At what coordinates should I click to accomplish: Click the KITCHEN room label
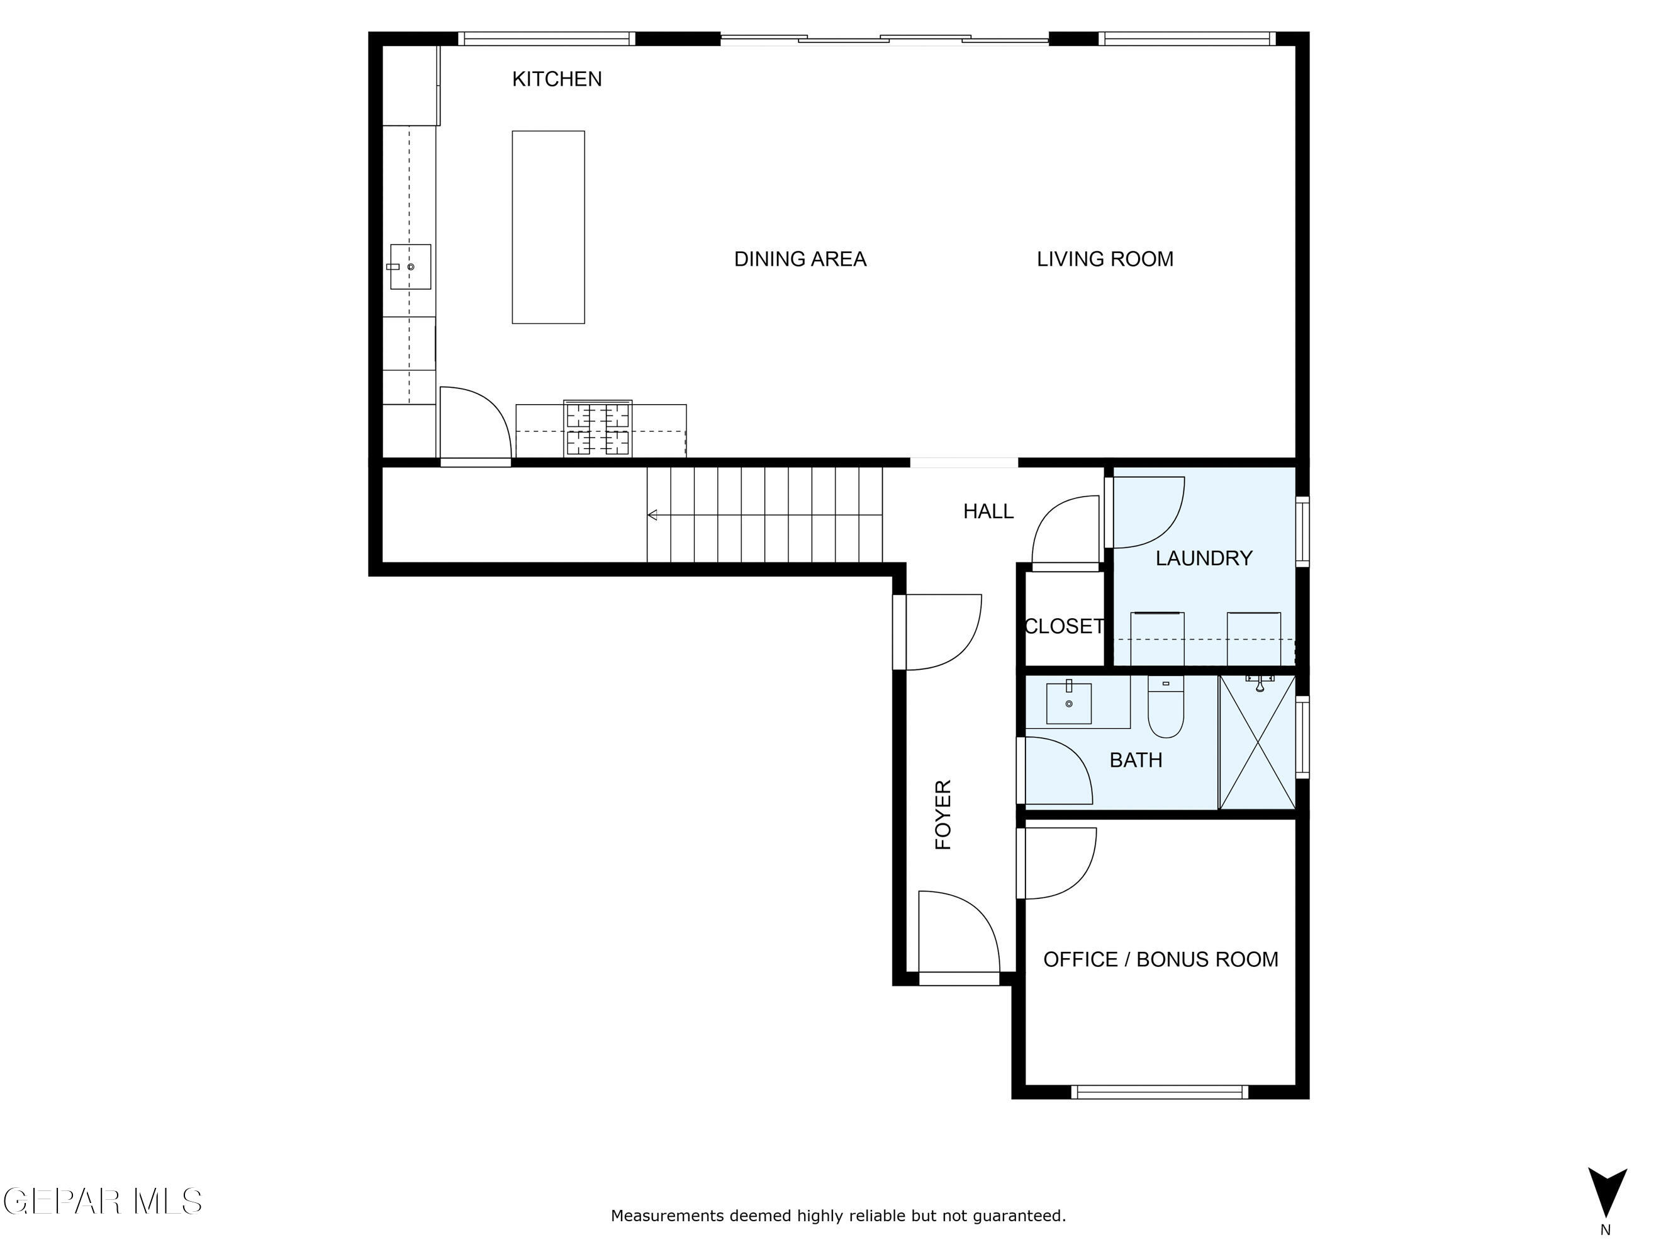557,79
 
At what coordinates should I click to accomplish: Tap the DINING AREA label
800,259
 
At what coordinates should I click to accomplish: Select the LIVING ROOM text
1104,259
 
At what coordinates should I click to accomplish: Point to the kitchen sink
410,266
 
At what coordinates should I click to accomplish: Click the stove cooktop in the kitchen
598,429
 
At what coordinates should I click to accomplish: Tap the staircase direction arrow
652,516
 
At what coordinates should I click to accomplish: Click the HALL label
988,512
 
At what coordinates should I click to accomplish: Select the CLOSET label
1063,626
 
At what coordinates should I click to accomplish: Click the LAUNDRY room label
1203,558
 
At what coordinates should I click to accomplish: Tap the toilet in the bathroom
1166,708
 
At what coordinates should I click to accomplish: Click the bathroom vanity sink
1069,703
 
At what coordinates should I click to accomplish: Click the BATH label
1136,760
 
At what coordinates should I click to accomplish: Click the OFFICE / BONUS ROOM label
1160,959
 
